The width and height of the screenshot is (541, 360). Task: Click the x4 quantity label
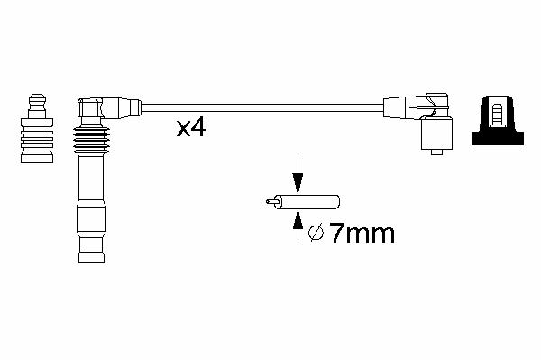191,128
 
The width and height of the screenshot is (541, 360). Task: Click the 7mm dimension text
362,234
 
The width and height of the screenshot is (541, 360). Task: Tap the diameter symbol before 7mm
316,234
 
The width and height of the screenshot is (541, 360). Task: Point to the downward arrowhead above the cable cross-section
298,183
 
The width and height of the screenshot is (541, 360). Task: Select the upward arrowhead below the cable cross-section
298,219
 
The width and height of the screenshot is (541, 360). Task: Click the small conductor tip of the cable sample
272,201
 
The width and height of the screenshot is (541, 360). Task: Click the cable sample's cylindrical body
309,201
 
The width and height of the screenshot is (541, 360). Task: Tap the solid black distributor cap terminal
498,120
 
